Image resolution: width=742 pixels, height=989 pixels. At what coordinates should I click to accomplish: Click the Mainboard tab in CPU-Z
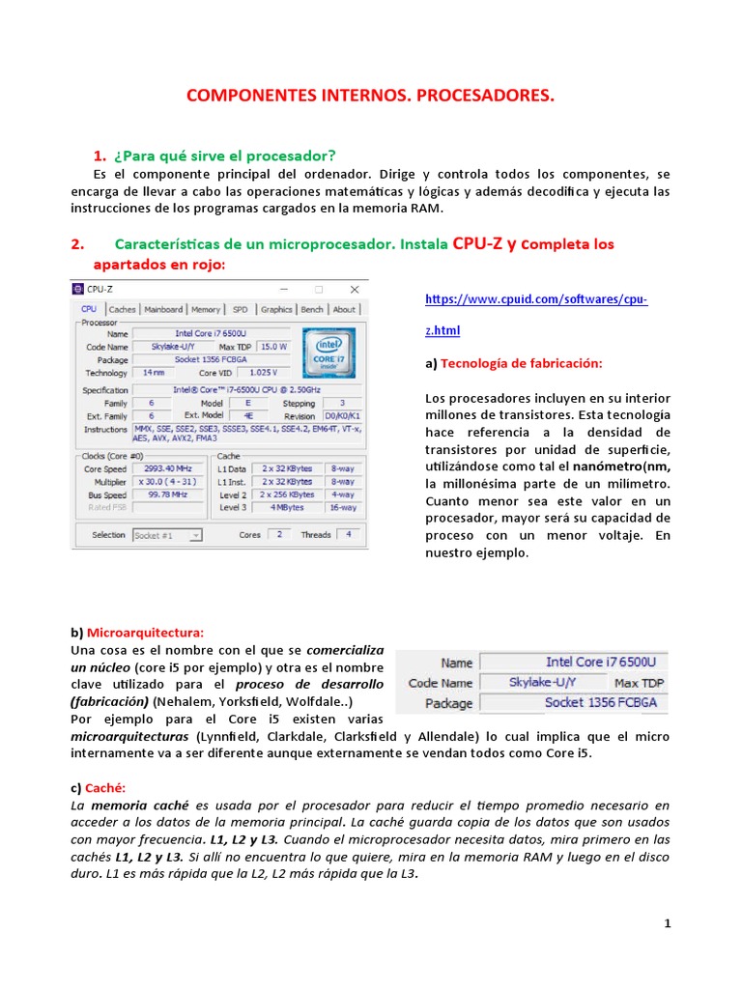(x=163, y=309)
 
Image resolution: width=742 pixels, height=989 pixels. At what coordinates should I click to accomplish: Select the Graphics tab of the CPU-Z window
(x=276, y=309)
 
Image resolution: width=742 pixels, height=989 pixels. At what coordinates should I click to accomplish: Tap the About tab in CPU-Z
(x=344, y=309)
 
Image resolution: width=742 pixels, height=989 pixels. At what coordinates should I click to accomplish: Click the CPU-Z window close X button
(x=355, y=289)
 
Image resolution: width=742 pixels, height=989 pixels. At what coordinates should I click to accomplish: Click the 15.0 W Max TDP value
(x=273, y=346)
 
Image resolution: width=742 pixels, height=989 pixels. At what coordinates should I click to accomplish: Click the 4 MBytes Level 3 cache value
(x=286, y=507)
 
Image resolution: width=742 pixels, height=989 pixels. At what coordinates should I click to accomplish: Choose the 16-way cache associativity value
(x=343, y=507)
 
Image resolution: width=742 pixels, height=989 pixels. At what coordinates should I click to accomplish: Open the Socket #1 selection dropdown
(x=167, y=534)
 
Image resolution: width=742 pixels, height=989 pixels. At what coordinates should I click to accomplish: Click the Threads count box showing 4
(x=349, y=533)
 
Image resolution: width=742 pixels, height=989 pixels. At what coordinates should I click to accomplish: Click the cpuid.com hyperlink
(x=536, y=300)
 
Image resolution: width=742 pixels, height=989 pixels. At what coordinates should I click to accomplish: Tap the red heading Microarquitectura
(x=145, y=633)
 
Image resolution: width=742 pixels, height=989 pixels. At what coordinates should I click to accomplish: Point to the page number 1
(x=667, y=923)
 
